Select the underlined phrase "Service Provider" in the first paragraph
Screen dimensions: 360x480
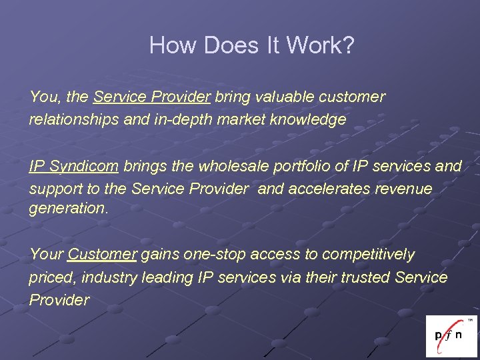click(x=152, y=97)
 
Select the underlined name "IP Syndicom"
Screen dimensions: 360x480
click(x=73, y=166)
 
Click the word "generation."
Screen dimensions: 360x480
click(x=68, y=208)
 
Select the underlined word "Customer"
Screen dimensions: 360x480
click(x=103, y=255)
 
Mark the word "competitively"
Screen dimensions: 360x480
click(x=368, y=255)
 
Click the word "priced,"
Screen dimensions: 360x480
click(x=51, y=277)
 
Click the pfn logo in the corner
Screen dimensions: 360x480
click(x=451, y=336)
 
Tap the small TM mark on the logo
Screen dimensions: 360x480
click(x=470, y=320)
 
